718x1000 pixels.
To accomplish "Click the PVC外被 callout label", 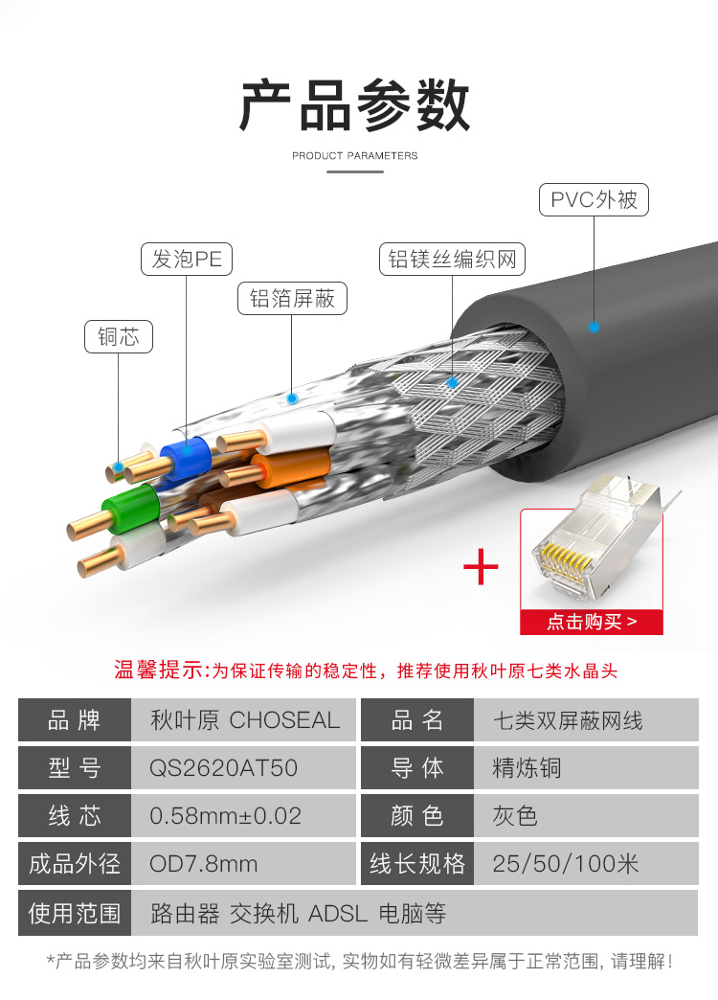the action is [594, 199].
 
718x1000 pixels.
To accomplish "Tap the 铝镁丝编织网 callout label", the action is [452, 259].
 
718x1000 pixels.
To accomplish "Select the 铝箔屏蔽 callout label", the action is [292, 298].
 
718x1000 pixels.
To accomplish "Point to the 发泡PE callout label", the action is [186, 259].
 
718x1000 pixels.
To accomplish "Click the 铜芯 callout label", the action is [119, 337].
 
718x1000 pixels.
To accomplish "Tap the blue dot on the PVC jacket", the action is [595, 328].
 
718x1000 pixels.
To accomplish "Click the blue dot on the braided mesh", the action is [453, 382].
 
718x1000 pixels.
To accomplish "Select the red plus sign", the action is [481, 567].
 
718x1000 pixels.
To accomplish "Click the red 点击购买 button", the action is [592, 622].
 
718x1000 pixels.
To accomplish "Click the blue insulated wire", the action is [186, 457].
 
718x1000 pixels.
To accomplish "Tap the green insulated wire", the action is [132, 509].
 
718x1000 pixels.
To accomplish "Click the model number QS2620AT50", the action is [223, 768].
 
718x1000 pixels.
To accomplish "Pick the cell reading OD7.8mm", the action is [203, 864].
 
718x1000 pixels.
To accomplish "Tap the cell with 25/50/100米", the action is [566, 864].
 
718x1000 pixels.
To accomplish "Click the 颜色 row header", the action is [417, 816].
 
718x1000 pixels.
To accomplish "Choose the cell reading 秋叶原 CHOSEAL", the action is [245, 720].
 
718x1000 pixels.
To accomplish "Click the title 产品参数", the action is [354, 105].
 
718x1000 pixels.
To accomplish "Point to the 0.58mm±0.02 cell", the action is [225, 816].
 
